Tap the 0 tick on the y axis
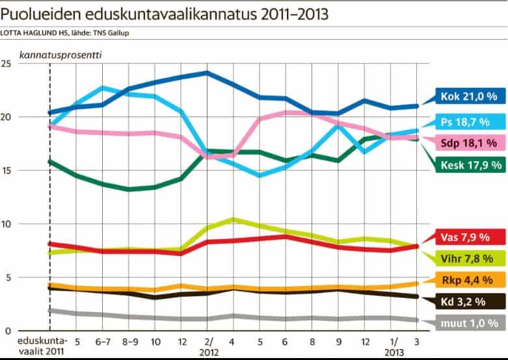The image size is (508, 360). [x=8, y=331]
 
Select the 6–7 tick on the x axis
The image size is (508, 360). [x=102, y=341]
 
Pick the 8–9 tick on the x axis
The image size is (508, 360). [x=129, y=341]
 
